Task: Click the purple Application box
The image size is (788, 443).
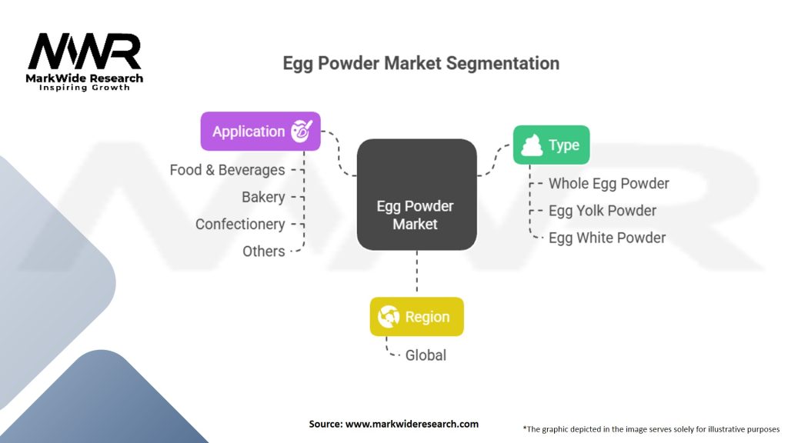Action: pyautogui.click(x=260, y=132)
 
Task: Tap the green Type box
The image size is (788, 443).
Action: pyautogui.click(x=551, y=145)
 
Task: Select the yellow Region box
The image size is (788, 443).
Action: pyautogui.click(x=416, y=316)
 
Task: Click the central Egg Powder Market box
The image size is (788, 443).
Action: pyautogui.click(x=416, y=195)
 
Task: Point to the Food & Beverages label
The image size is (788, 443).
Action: pyautogui.click(x=227, y=170)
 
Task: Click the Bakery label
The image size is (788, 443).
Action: pyautogui.click(x=263, y=197)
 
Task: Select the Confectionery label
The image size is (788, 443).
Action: pyautogui.click(x=240, y=224)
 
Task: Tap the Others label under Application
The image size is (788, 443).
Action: pyautogui.click(x=263, y=251)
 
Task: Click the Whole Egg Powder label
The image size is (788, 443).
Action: pyautogui.click(x=608, y=184)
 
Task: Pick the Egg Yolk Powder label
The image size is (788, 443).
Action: pyautogui.click(x=602, y=211)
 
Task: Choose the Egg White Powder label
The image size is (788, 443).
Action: pyautogui.click(x=606, y=238)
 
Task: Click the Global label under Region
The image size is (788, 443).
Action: pyautogui.click(x=426, y=355)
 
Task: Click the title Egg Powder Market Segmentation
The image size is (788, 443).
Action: pyautogui.click(x=421, y=62)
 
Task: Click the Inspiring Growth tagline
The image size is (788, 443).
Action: pyautogui.click(x=85, y=88)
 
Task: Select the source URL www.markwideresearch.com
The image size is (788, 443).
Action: pyautogui.click(x=393, y=424)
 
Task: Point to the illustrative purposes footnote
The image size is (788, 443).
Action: pyautogui.click(x=650, y=428)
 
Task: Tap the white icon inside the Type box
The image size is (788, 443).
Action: pyautogui.click(x=532, y=145)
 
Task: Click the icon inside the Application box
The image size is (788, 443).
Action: pyautogui.click(x=302, y=132)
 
